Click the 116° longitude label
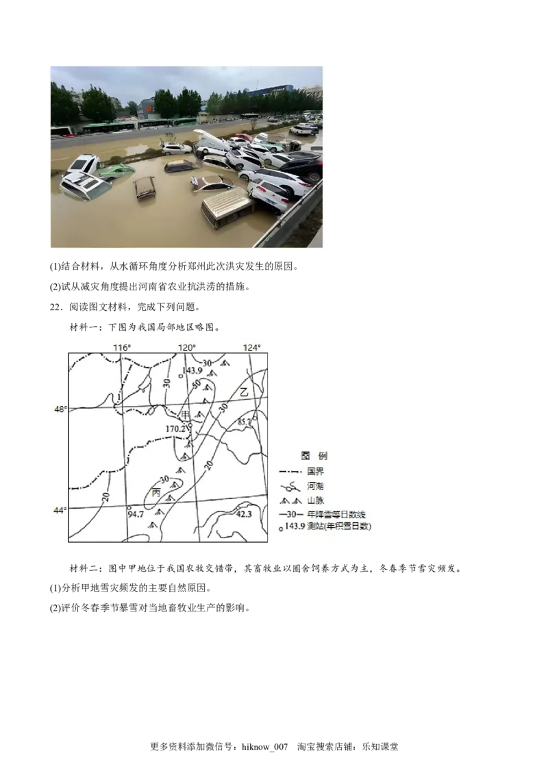tap(122, 347)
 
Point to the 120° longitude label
tap(187, 347)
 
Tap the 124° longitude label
tap(251, 347)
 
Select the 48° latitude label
tap(60, 409)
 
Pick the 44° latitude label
tap(60, 510)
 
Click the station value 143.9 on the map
tap(192, 370)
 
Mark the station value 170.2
tap(176, 429)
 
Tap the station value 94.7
tap(136, 513)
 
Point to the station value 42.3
tap(244, 513)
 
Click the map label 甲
tap(185, 415)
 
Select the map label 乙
tap(244, 392)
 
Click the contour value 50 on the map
tap(197, 385)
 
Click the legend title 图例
tap(314, 455)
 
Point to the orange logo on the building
tap(150, 108)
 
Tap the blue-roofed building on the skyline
tap(271, 89)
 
